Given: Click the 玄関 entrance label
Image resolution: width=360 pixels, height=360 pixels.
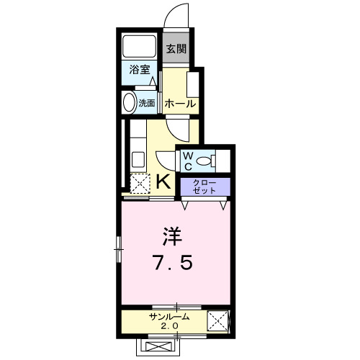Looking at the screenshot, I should [x=176, y=49].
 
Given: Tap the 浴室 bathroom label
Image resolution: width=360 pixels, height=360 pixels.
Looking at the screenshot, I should [x=140, y=71].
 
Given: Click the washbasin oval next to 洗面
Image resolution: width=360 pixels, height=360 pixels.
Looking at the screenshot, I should [x=130, y=103].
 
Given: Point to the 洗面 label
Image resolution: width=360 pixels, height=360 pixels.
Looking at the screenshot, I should [x=146, y=103].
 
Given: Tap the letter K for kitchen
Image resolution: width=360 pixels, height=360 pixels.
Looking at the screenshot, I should [x=164, y=181].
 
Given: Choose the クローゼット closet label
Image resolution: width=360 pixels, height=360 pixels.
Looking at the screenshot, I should [x=204, y=186].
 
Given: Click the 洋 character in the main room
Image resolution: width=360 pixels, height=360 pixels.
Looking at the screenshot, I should [x=171, y=236].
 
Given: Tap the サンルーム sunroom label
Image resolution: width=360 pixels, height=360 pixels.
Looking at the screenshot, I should [x=170, y=317].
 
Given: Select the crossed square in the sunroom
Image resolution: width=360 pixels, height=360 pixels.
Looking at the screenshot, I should [x=217, y=320].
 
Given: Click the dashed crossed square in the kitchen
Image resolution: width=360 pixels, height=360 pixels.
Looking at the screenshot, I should [x=139, y=182].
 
